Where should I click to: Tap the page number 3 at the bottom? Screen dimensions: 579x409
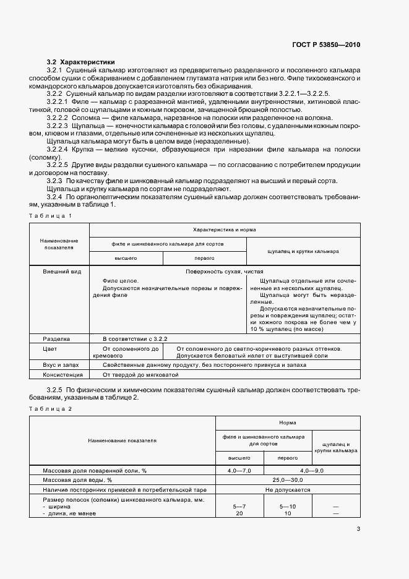pyautogui.click(x=358, y=528)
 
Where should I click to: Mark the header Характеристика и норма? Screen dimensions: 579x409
pyautogui.click(x=224, y=229)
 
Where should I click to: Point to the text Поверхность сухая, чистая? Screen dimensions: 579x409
pyautogui.click(x=224, y=272)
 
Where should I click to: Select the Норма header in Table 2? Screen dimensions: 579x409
pyautogui.click(x=287, y=422)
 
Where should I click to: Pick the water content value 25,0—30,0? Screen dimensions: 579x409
pyautogui.click(x=287, y=479)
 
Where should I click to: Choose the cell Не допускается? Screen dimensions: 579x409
pyautogui.click(x=287, y=489)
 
